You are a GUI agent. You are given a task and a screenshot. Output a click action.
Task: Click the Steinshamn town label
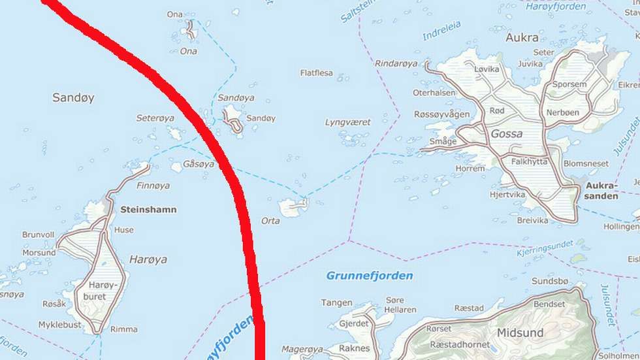click(x=148, y=210)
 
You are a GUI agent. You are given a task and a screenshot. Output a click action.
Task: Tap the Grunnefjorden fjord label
click(x=370, y=276)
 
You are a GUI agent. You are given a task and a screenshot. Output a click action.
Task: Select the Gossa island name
click(x=507, y=134)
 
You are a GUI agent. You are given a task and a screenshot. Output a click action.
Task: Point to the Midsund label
click(x=520, y=333)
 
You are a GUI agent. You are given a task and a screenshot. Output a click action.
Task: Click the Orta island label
click(x=270, y=221)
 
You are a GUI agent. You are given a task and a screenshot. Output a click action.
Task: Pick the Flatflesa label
click(x=317, y=73)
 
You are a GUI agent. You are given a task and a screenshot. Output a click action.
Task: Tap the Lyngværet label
click(x=347, y=122)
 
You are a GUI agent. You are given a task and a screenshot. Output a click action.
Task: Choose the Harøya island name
click(x=148, y=259)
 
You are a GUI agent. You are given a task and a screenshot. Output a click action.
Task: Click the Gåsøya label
click(x=199, y=164)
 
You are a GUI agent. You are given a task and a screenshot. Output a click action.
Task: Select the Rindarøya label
click(x=396, y=63)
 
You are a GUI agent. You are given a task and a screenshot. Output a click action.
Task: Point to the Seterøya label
click(x=155, y=118)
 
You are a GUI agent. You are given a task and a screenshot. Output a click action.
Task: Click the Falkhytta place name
click(x=530, y=161)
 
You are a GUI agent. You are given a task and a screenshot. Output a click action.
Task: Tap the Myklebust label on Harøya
click(x=60, y=325)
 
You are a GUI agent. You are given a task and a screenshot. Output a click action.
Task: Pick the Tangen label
click(x=337, y=303)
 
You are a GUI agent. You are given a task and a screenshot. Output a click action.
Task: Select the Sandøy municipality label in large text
click(x=73, y=98)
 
